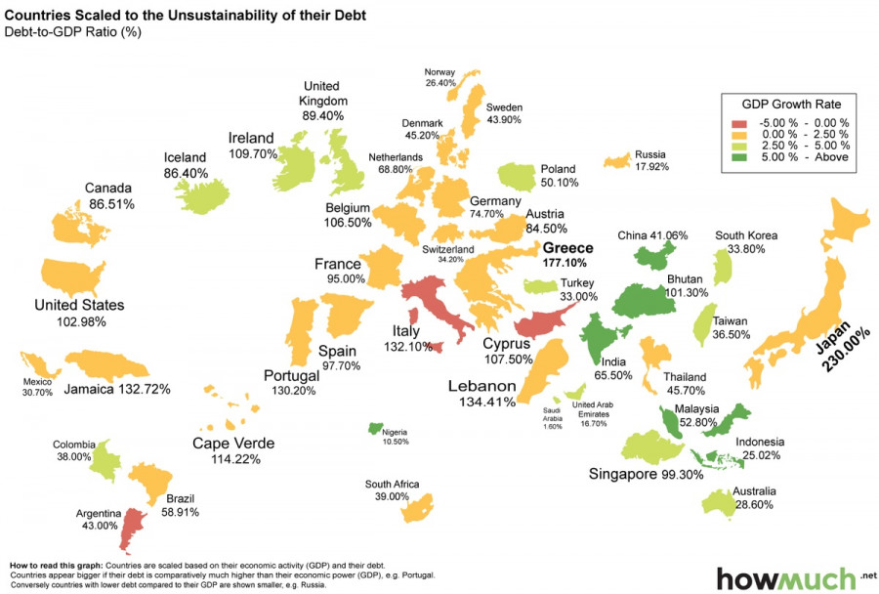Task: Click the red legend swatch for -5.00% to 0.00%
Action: click(739, 122)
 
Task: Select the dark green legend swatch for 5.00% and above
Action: click(739, 157)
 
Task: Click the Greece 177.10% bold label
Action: click(567, 255)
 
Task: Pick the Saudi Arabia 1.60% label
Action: click(553, 418)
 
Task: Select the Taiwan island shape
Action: click(701, 324)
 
